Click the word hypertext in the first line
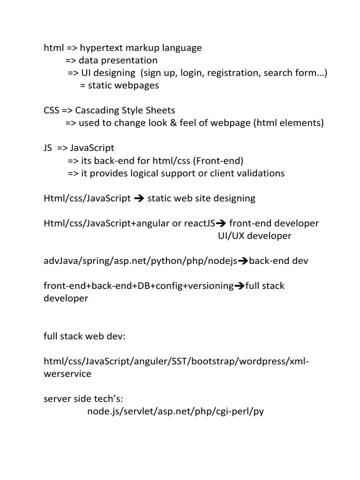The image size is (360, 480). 101,48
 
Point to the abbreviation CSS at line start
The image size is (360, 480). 52,110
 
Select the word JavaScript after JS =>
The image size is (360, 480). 92,148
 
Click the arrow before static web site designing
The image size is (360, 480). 139,198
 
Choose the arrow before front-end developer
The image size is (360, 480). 221,224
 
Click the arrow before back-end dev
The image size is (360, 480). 243,261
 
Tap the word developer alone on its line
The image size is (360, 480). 66,299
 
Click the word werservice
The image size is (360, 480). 67,374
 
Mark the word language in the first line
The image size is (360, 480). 182,48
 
